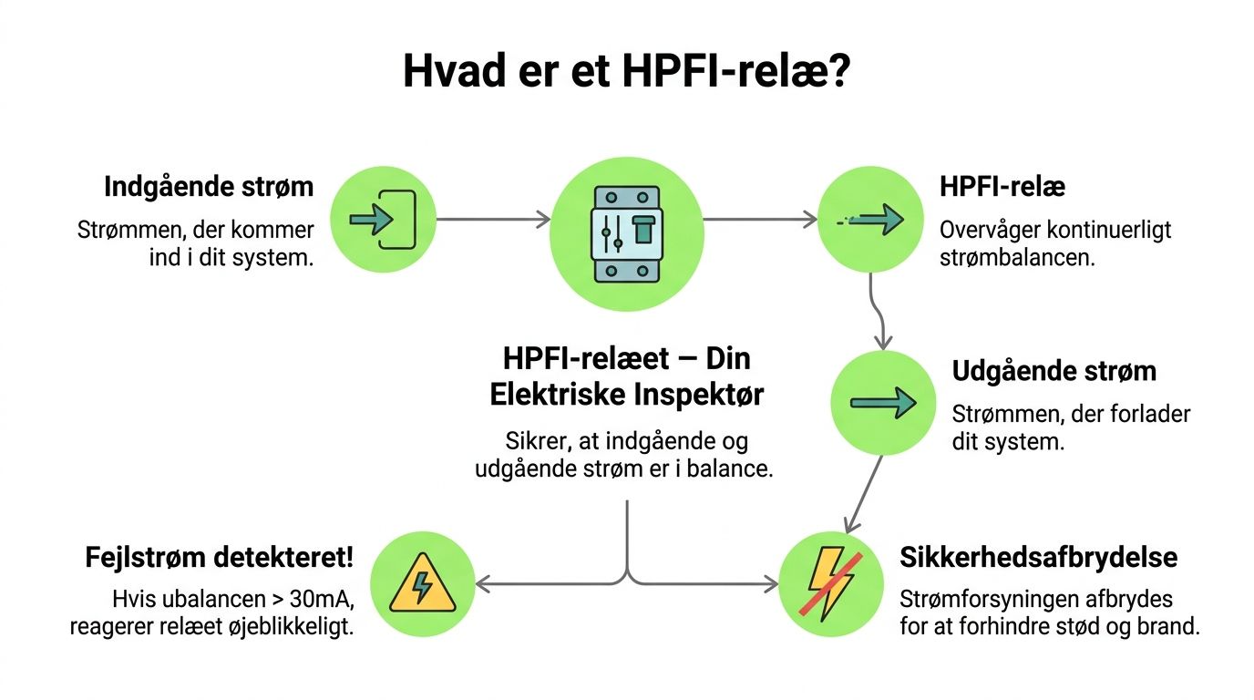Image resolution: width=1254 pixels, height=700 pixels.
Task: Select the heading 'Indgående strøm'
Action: point(209,187)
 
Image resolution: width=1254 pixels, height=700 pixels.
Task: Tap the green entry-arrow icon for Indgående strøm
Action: point(384,219)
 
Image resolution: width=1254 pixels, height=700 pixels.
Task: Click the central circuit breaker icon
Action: point(627,234)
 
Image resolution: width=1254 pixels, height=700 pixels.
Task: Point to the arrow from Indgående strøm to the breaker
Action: point(493,219)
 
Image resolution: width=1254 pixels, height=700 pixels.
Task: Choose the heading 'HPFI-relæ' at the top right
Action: point(1002,187)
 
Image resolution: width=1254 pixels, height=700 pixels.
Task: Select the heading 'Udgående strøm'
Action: point(1054,372)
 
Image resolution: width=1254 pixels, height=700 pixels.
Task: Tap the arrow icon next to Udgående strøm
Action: point(883,403)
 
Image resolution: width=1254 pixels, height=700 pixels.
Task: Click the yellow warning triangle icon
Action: point(423,585)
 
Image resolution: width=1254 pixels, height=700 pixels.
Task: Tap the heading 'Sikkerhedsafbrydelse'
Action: point(1038,557)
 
